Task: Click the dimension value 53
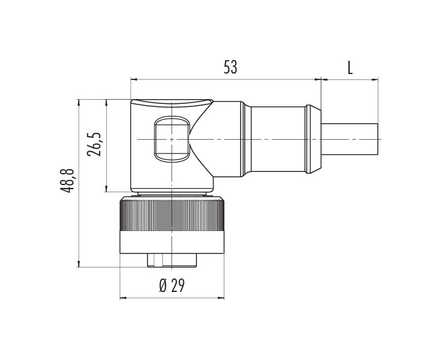(x=230, y=67)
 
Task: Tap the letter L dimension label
(x=350, y=68)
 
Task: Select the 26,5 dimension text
(x=94, y=144)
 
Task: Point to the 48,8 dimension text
(x=67, y=180)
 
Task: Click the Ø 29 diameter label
(x=172, y=286)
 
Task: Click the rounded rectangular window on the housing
(x=171, y=139)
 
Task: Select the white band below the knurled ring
(x=172, y=242)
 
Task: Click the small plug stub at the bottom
(x=172, y=260)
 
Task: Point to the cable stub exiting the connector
(x=349, y=139)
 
